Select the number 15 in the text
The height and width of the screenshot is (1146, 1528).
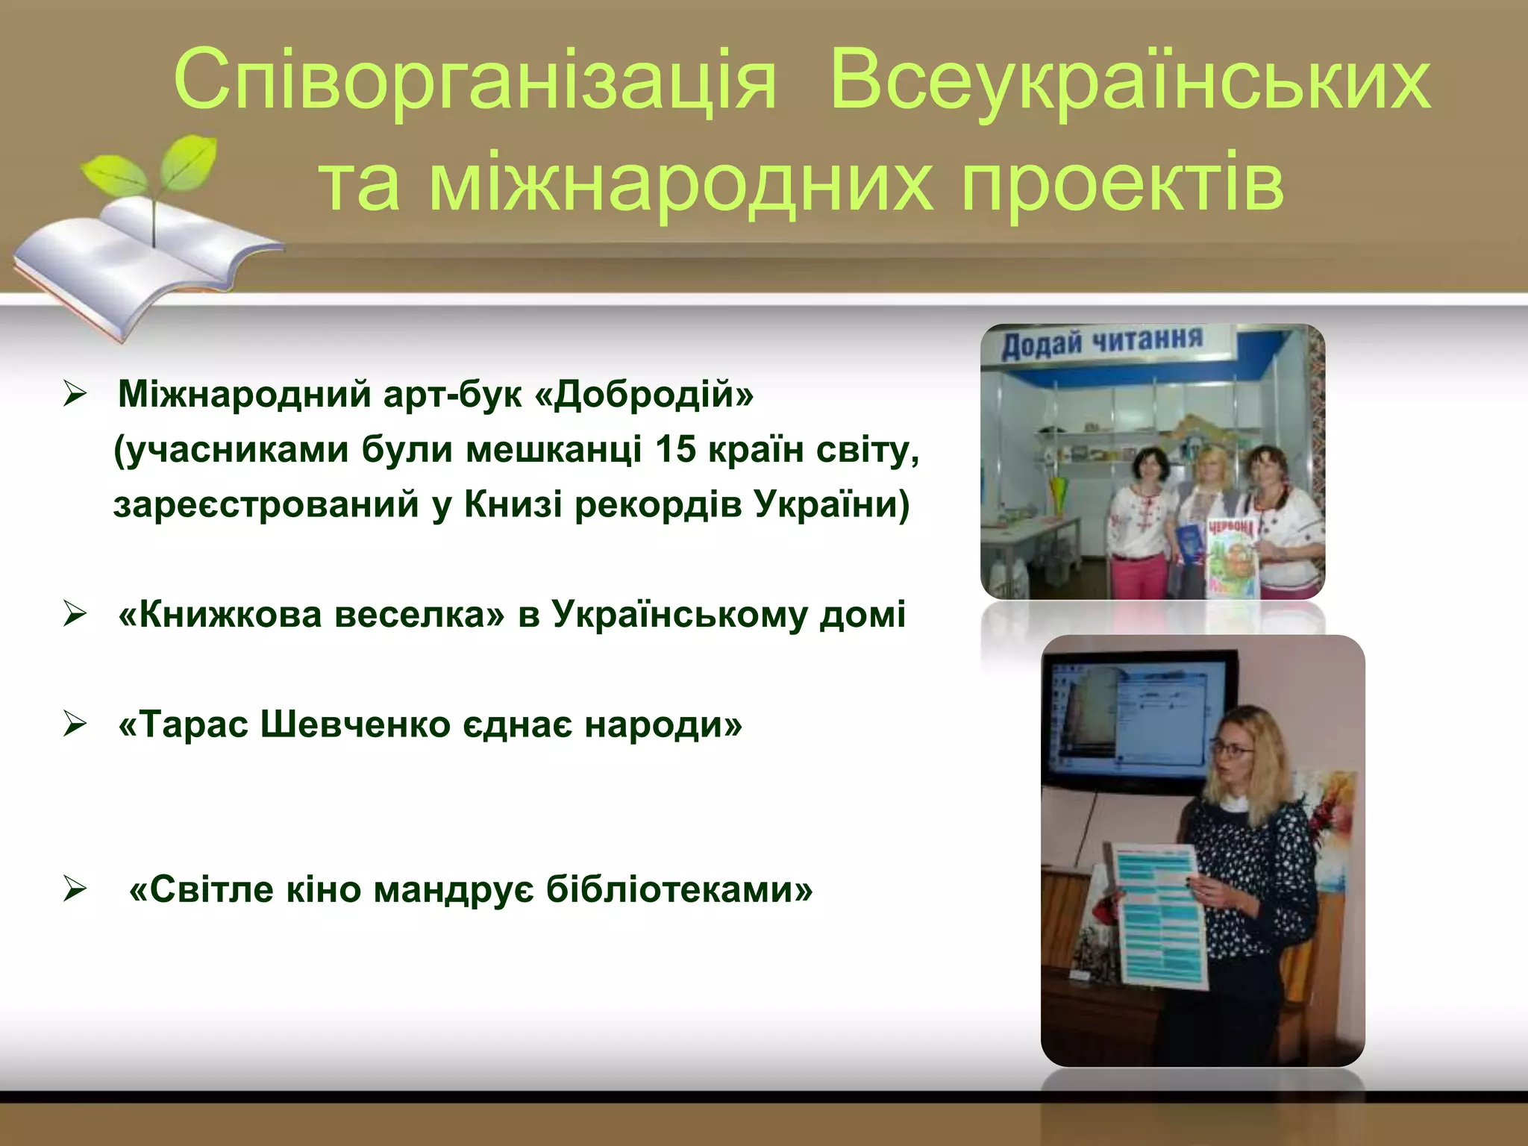tap(675, 449)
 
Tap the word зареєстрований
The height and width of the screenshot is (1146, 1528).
tap(266, 504)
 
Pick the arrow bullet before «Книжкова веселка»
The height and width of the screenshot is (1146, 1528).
tap(75, 616)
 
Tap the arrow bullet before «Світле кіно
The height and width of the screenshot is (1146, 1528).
tap(75, 889)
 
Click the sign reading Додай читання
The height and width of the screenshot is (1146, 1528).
tap(1102, 343)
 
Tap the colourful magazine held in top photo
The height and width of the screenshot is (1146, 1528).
tap(1232, 556)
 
